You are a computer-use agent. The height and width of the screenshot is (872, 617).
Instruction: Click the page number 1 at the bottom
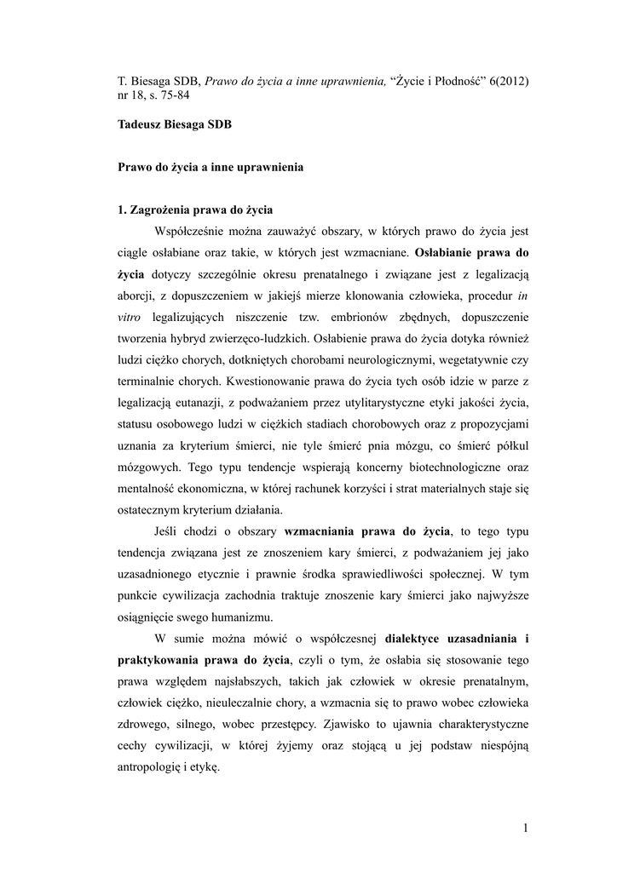click(526, 828)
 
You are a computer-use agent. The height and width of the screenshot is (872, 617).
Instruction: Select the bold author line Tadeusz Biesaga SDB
click(175, 123)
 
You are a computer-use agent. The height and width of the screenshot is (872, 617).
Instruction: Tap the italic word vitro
click(130, 318)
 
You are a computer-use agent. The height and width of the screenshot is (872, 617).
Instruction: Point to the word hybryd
click(184, 340)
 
